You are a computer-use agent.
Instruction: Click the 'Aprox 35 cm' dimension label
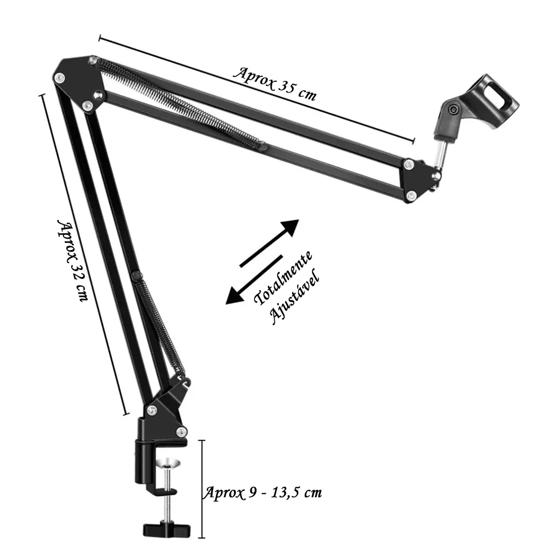point(275,83)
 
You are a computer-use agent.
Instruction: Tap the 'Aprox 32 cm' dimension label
point(72,261)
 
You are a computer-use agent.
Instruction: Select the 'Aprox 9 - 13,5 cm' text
point(263,492)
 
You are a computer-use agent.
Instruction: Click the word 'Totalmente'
point(283,278)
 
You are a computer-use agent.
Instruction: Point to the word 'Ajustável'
point(294,297)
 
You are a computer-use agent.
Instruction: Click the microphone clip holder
point(476,105)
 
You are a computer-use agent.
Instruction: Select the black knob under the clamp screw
point(167,528)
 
